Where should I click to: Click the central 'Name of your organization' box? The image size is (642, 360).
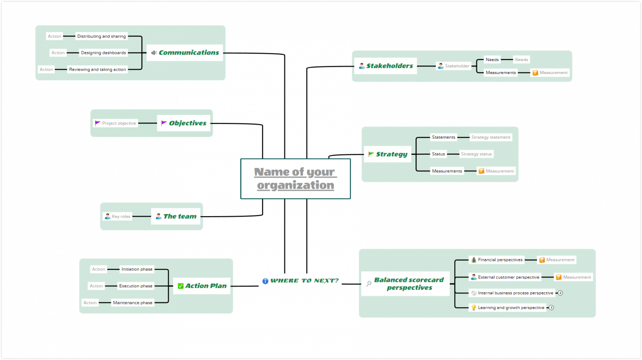pyautogui.click(x=296, y=179)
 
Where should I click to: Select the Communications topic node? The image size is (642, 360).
pyautogui.click(x=186, y=53)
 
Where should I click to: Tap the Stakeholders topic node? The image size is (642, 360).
pyautogui.click(x=385, y=66)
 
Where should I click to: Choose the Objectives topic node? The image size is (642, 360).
pyautogui.click(x=183, y=123)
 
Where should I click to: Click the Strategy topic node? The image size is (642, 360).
pyautogui.click(x=387, y=154)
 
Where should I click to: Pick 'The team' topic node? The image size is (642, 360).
pyautogui.click(x=176, y=217)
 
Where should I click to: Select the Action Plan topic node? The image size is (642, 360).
pyautogui.click(x=202, y=286)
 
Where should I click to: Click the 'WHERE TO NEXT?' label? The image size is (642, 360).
pyautogui.click(x=304, y=281)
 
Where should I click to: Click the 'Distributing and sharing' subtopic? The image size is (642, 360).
pyautogui.click(x=102, y=36)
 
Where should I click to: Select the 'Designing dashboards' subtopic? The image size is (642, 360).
pyautogui.click(x=103, y=53)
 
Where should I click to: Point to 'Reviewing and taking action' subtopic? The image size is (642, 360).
pyautogui.click(x=97, y=70)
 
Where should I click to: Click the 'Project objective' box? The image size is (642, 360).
pyautogui.click(x=115, y=123)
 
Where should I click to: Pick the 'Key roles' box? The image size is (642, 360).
pyautogui.click(x=117, y=217)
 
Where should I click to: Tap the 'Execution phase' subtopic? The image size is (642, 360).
pyautogui.click(x=136, y=286)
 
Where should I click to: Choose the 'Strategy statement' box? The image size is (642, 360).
pyautogui.click(x=491, y=137)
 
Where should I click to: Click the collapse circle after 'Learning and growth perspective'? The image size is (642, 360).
pyautogui.click(x=551, y=308)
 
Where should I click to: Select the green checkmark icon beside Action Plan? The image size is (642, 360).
pyautogui.click(x=181, y=286)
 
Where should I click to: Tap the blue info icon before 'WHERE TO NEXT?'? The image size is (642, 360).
pyautogui.click(x=265, y=281)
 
